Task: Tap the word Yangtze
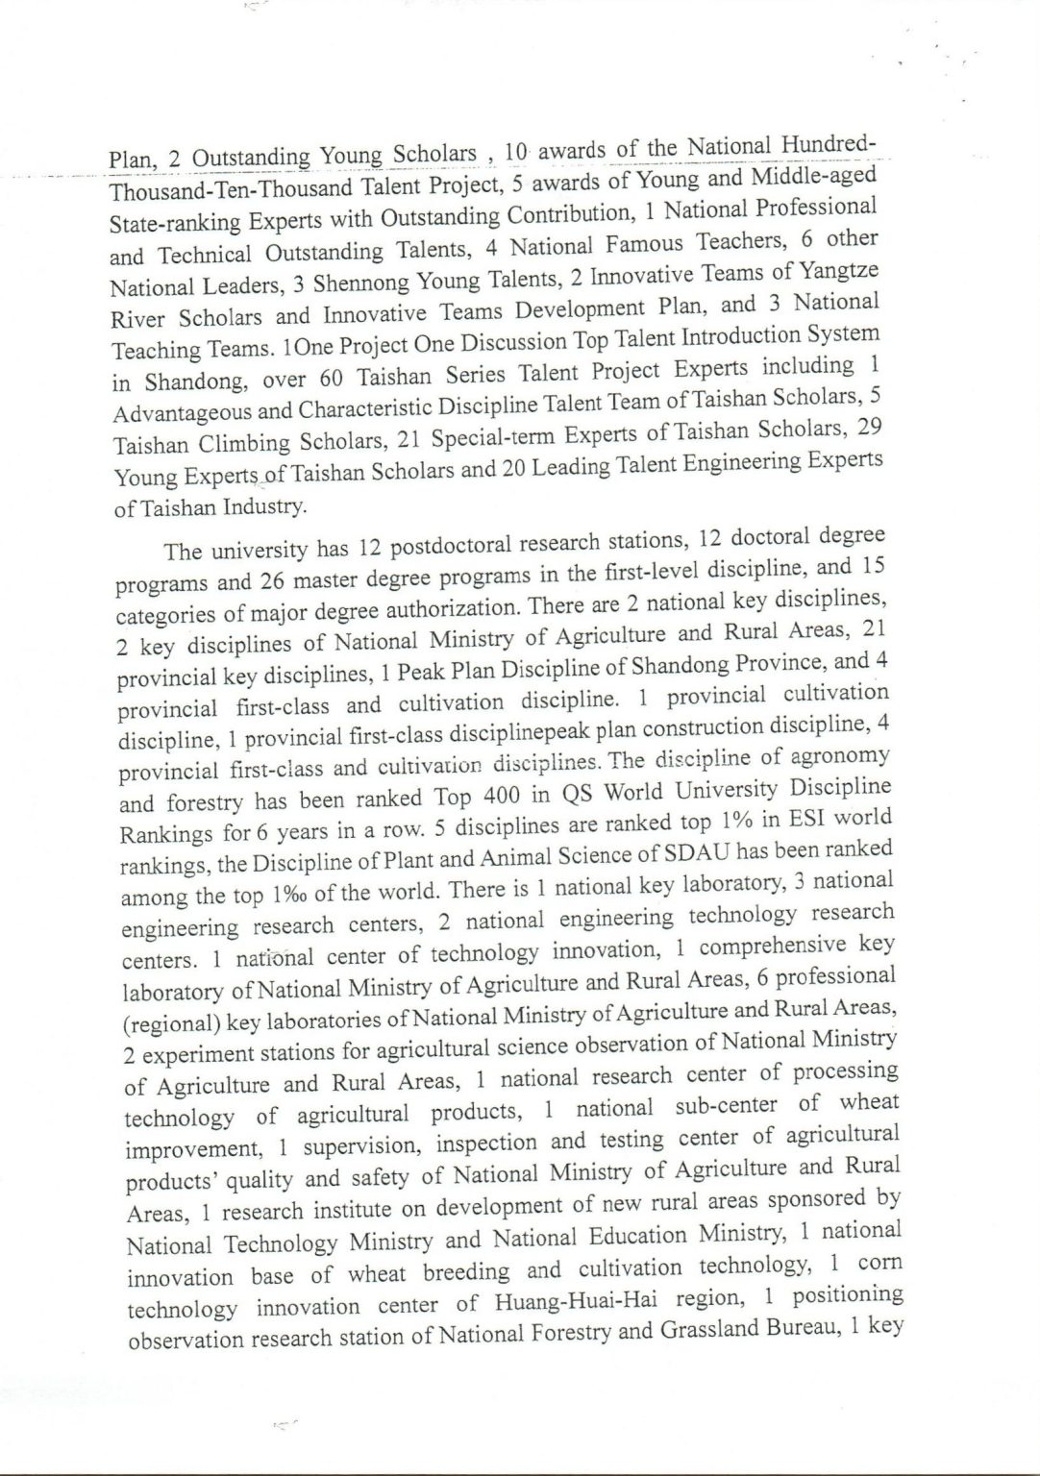click(x=837, y=270)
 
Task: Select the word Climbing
click(x=244, y=444)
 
